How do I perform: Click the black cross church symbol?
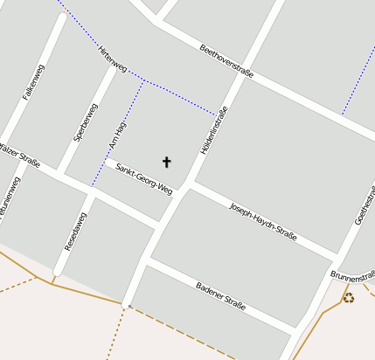166,162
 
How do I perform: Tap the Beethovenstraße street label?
226,61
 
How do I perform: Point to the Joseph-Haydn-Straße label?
263,220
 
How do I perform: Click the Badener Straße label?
221,297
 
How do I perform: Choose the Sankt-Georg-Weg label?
144,178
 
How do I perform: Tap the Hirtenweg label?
114,59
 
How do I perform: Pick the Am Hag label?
116,135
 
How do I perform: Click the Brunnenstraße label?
353,275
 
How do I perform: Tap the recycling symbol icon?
348,298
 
